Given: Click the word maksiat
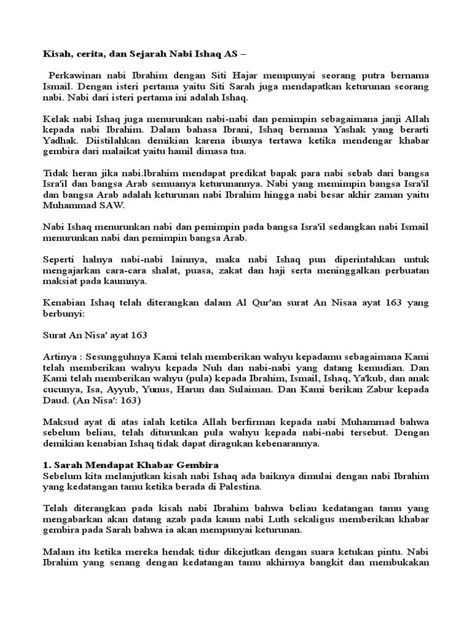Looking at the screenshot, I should tap(60, 281).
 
